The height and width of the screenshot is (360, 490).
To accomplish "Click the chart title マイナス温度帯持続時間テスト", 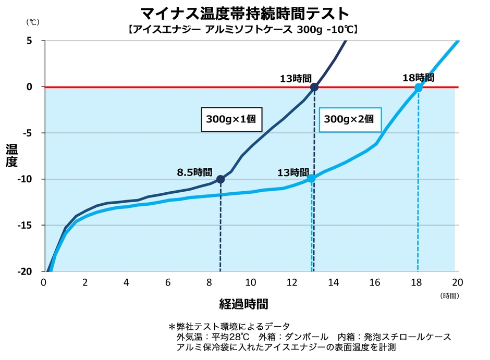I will pyautogui.click(x=244, y=13).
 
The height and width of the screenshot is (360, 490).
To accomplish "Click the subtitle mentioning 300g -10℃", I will pyautogui.click(x=244, y=30).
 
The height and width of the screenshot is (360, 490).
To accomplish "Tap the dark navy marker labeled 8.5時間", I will pyautogui.click(x=220, y=179).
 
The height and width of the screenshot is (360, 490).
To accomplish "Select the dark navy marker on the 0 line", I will pyautogui.click(x=314, y=87).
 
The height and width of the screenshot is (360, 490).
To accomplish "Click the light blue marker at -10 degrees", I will pyautogui.click(x=311, y=178).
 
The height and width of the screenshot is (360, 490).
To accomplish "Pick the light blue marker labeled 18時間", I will pyautogui.click(x=418, y=88).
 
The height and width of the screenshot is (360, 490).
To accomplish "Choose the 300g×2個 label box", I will pyautogui.click(x=349, y=119).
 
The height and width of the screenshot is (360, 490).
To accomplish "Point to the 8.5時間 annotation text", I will pyautogui.click(x=194, y=171).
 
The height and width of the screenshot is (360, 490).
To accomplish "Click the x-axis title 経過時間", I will pyautogui.click(x=244, y=303).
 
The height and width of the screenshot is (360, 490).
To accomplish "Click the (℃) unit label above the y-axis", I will pyautogui.click(x=32, y=22).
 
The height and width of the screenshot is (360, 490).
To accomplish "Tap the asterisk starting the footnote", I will pyautogui.click(x=171, y=327).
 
